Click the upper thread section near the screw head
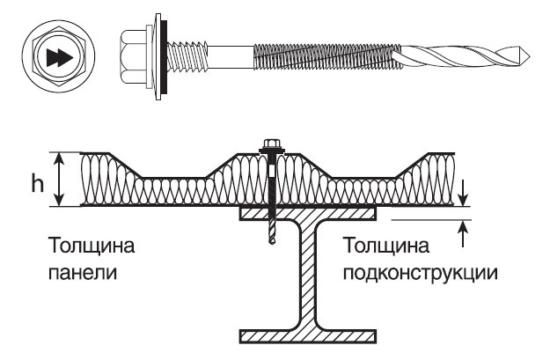click(190, 56)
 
